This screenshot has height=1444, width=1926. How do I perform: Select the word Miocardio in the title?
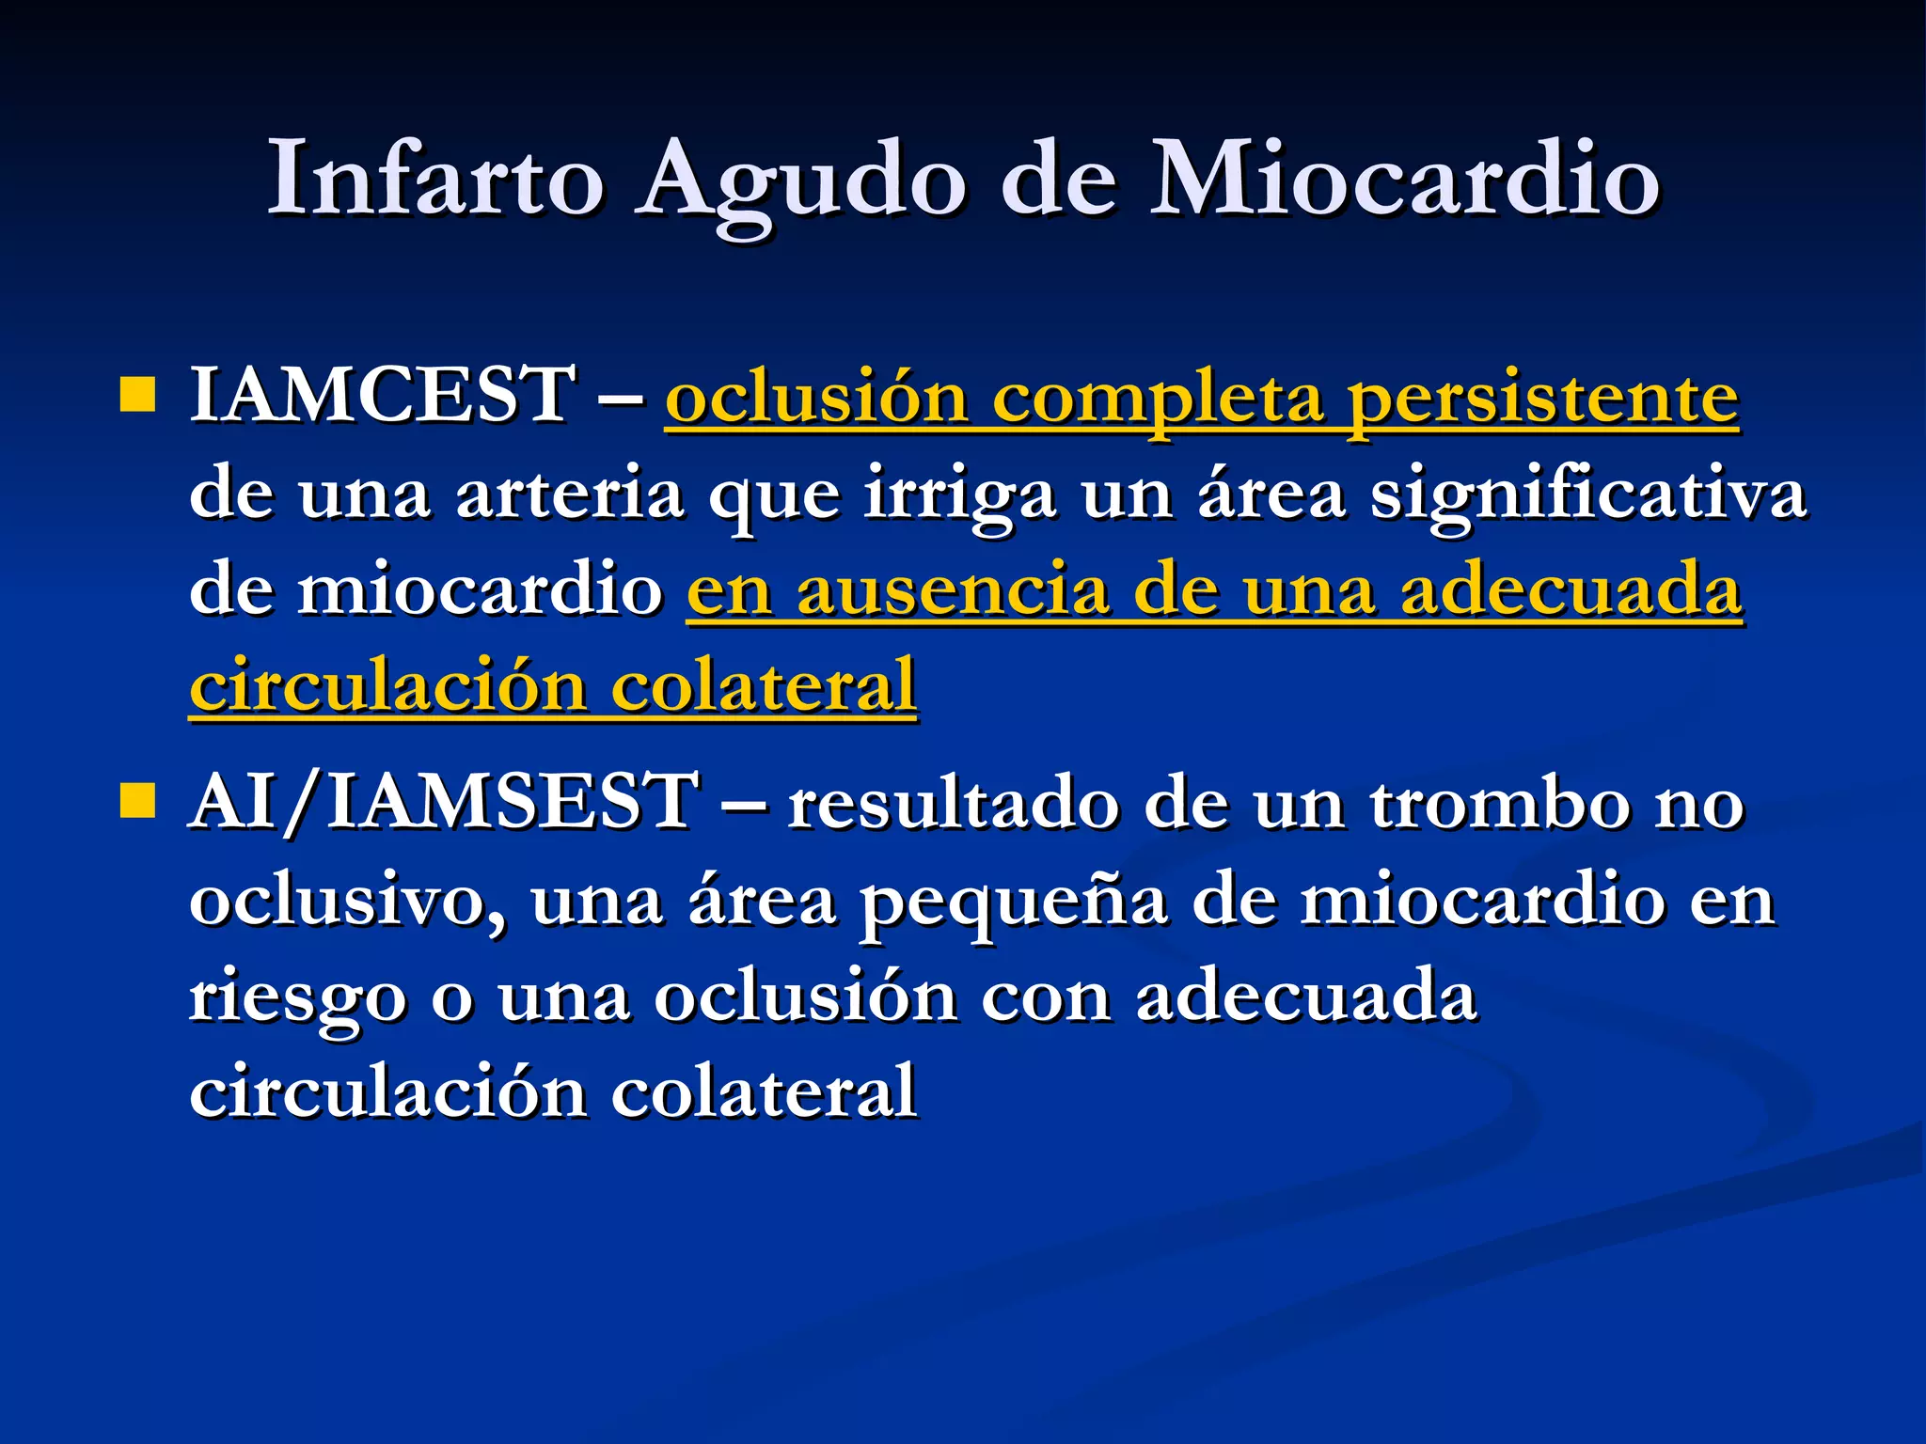tap(1405, 179)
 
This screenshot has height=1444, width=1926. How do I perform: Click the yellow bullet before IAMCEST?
tap(137, 396)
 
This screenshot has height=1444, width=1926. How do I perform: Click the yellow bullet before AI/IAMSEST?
tap(137, 802)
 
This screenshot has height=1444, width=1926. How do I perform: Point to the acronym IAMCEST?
tap(384, 395)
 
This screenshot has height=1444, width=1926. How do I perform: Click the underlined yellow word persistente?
tap(1542, 399)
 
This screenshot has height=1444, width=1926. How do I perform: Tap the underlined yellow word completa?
tap(1158, 399)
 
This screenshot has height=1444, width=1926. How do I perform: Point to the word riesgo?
tap(297, 998)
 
